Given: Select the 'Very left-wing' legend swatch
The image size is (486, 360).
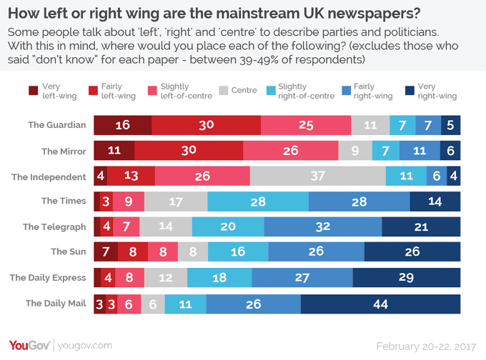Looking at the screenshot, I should pyautogui.click(x=34, y=91).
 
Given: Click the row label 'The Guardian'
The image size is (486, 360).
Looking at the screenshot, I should pyautogui.click(x=57, y=125).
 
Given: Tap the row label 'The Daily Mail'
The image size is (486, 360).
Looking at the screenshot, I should pyautogui.click(x=56, y=303).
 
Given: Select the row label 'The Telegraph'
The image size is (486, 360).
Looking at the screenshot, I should pyautogui.click(x=56, y=227).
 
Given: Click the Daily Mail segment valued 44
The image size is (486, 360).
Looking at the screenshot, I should pyautogui.click(x=380, y=304).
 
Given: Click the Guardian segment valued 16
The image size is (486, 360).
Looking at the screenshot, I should pyautogui.click(x=122, y=125).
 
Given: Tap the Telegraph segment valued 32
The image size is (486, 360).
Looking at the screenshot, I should pyautogui.click(x=323, y=227).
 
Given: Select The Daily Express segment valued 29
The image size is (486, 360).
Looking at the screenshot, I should pyautogui.click(x=406, y=278).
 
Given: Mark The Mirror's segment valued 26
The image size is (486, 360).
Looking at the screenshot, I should pyautogui.click(x=290, y=151).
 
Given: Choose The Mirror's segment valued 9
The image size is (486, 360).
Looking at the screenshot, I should pyautogui.click(x=355, y=151).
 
